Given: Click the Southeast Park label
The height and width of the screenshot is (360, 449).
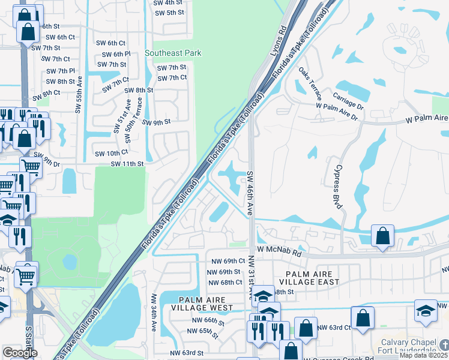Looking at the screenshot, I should (x=173, y=53).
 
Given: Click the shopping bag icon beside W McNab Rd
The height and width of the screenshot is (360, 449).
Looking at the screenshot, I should (x=382, y=237).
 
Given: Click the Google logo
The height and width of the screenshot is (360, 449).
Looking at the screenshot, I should (x=20, y=353).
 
